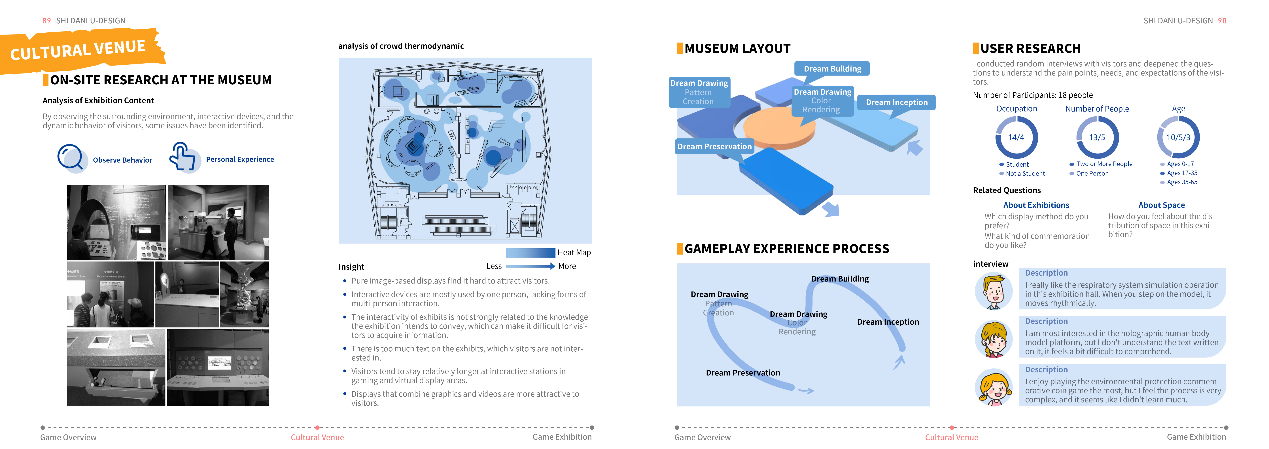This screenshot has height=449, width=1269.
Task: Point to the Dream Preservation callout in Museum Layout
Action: point(714,146)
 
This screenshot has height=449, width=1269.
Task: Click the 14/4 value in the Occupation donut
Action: point(1016,138)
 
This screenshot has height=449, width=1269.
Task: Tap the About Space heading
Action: point(1161,205)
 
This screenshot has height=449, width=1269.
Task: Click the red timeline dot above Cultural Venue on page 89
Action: point(317,427)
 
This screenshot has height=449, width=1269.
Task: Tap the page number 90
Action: point(1222,21)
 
